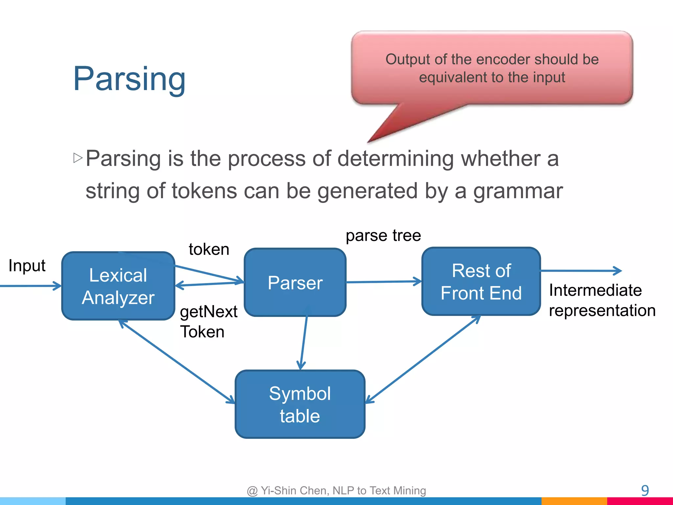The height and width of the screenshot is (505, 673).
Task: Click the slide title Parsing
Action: coord(129,79)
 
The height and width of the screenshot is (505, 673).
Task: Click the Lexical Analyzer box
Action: coord(118,286)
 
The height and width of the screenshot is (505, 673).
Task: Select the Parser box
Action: coord(295,282)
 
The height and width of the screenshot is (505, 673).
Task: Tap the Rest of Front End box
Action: coord(481,281)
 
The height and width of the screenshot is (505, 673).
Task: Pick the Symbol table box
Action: coord(300,404)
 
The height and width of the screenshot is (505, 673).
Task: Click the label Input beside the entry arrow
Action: coord(27,265)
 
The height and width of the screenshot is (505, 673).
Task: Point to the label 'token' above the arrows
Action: coord(209,249)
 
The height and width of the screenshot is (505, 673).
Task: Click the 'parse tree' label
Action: coord(383,235)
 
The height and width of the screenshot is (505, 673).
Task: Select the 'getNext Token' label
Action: coord(208,321)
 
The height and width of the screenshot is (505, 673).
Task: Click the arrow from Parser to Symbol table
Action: coord(304,342)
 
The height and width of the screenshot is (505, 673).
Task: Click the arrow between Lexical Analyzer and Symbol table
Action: coord(177,362)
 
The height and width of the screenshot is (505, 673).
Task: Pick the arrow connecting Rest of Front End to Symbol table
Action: coord(424,359)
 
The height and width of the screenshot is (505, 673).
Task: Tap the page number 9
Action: coord(645,491)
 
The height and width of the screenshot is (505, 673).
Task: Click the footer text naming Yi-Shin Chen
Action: coord(336,491)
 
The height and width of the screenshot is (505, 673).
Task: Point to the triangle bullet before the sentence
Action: coord(78,158)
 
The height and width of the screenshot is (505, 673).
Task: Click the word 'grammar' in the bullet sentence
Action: coord(518,191)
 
